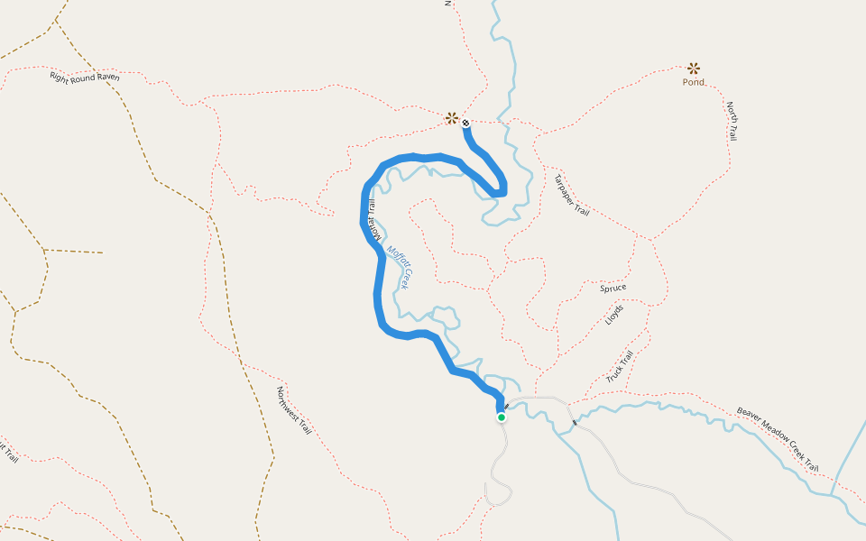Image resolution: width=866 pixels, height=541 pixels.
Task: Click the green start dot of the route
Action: pos(502,417)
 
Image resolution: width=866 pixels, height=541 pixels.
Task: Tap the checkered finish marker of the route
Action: pos(465,123)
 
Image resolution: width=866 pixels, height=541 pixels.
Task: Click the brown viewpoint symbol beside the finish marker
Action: pos(451,117)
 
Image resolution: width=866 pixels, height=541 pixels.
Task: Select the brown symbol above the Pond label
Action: pos(694,68)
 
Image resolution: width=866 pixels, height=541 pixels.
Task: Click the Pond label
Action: pos(694,82)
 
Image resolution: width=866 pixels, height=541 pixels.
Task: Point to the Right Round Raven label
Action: pos(85,77)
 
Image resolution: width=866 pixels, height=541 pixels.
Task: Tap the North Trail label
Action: pos(732,121)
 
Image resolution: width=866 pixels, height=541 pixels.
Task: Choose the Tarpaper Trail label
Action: pos(572,195)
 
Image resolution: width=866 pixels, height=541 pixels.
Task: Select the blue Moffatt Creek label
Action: pos(399,267)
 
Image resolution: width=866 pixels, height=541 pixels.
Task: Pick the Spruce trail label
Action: pos(613,289)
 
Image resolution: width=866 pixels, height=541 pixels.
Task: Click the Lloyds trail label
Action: pos(614,316)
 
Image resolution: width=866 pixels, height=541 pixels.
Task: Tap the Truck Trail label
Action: pos(621,366)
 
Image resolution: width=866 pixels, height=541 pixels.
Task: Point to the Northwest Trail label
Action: pos(294,411)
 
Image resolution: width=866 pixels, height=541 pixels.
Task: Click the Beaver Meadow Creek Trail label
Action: pos(778,439)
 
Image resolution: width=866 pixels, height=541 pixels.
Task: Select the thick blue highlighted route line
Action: pos(377,289)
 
